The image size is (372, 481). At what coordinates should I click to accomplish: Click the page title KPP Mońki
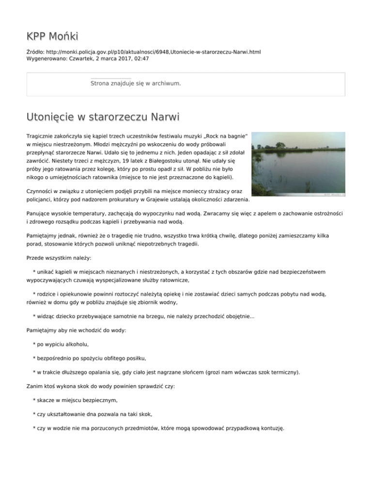(52, 36)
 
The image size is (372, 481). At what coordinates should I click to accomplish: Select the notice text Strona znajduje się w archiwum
(136, 84)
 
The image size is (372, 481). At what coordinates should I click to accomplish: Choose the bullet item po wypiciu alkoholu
(62, 345)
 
